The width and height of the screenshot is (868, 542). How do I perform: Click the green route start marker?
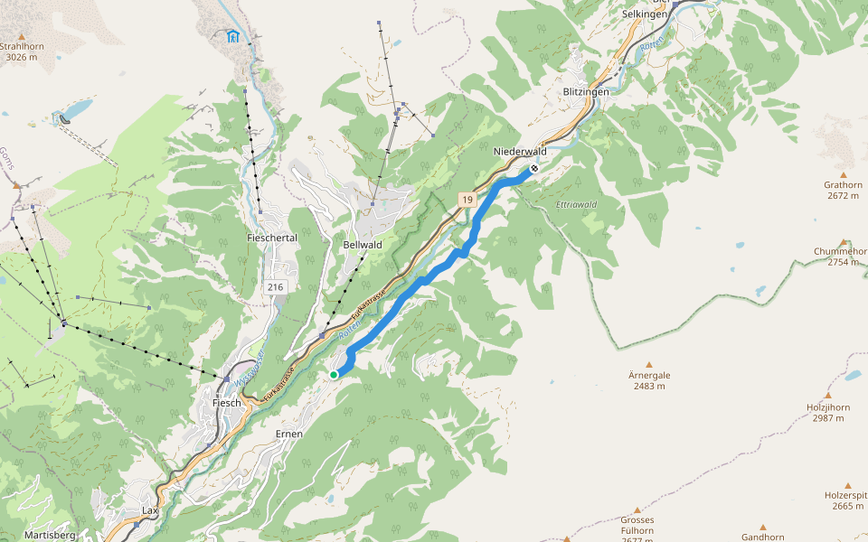coord(334,374)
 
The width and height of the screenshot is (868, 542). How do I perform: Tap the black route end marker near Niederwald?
coord(534,168)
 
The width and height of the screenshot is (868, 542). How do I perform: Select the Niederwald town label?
coord(520,152)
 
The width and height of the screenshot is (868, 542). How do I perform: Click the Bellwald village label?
coord(363,245)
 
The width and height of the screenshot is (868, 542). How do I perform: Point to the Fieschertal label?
coord(271,238)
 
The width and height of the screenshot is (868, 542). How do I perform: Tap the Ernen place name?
coord(288,434)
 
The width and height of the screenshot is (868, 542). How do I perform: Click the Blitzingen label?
coord(586,92)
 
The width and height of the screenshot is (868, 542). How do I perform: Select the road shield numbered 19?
coord(467,200)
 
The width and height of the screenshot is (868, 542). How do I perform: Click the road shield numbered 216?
coord(276,286)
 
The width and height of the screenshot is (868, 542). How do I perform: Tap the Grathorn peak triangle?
coord(844,174)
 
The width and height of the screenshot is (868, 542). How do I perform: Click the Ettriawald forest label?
coord(577,205)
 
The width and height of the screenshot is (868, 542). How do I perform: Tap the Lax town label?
coord(150,510)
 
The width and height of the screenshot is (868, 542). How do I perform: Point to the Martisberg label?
coord(51,535)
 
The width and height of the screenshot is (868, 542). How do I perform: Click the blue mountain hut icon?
coord(233,36)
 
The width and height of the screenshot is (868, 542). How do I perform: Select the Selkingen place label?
coord(645,14)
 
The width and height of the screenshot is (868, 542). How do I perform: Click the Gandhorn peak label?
coord(762,537)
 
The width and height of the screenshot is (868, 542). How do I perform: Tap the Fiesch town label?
coord(227,403)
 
